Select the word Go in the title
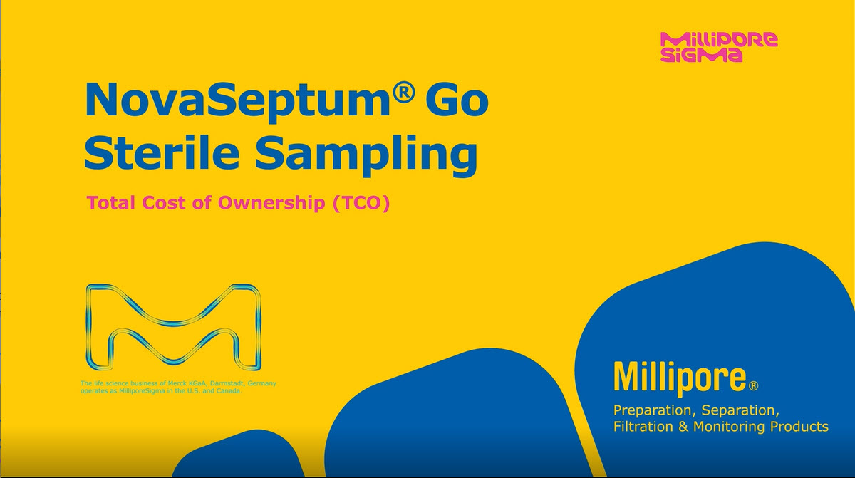coord(460,99)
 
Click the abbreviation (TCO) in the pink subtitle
coord(361,203)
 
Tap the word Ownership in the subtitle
coord(271,203)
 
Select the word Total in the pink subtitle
coord(111,202)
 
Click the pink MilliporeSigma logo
coord(719,47)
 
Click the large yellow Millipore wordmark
coord(680,378)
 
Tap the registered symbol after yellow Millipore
coord(754,386)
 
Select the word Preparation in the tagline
coord(654,411)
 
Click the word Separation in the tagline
coord(740,410)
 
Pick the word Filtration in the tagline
coord(643,426)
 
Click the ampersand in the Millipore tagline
coord(683,427)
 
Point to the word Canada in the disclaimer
coord(229,391)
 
